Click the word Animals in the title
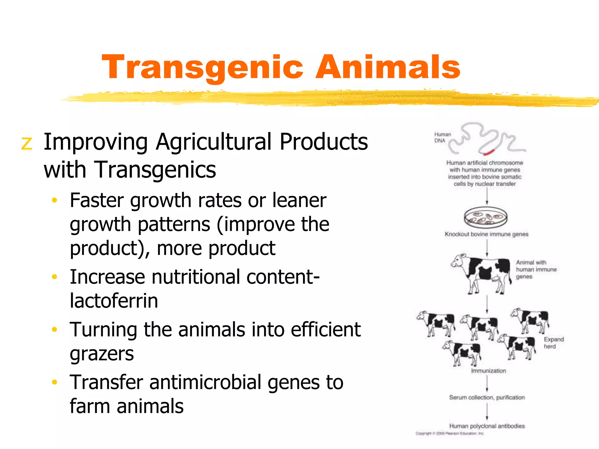tap(388, 67)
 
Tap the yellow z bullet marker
tap(27, 144)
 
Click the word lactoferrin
tap(114, 301)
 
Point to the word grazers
tap(101, 354)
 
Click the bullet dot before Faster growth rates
tap(54, 201)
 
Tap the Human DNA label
tap(442, 137)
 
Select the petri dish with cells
tap(485, 217)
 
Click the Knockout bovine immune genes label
tap(486, 234)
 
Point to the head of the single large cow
tap(459, 260)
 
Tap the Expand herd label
tap(553, 343)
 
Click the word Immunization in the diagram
tap(488, 371)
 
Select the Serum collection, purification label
tap(487, 398)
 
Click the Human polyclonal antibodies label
tap(487, 426)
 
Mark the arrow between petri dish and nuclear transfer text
tap(487, 196)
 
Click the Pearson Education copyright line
tap(450, 434)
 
